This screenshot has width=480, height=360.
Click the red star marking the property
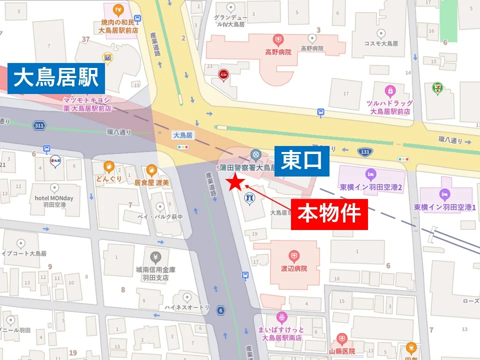pyautogui.click(x=235, y=183)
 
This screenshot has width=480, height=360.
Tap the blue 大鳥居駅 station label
pyautogui.click(x=56, y=78)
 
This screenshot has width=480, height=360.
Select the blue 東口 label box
pyautogui.click(x=302, y=161)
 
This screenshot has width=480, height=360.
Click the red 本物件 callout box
pyautogui.click(x=329, y=214)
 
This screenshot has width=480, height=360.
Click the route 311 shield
pyautogui.click(x=38, y=125)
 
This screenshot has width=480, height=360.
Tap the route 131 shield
pyautogui.click(x=364, y=151)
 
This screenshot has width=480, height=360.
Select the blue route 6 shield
pyautogui.click(x=220, y=310)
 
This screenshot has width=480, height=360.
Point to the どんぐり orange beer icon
pyautogui.click(x=108, y=166)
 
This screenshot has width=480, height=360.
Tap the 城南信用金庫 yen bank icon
pyautogui.click(x=155, y=257)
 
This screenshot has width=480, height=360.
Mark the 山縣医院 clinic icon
pyautogui.click(x=341, y=339)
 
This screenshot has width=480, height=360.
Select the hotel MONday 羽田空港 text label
pyautogui.click(x=54, y=201)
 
